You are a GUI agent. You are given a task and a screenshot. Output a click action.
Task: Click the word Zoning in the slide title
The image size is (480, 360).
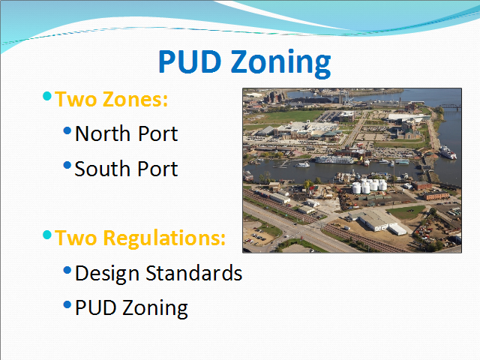coord(280,63)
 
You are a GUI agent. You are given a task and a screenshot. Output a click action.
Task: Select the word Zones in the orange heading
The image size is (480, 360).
coord(135,100)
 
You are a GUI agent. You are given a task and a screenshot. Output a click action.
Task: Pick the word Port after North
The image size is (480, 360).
coord(158,133)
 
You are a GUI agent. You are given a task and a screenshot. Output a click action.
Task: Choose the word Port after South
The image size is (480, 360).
coord(157,169)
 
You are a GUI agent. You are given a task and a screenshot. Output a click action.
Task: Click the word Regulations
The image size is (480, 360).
coord(164,238)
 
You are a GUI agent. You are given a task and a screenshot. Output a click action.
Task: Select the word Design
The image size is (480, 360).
coord(107,273)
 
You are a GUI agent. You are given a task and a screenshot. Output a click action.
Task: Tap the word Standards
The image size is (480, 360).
coord(193,273)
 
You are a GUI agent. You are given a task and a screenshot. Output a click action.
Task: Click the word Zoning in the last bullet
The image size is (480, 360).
coord(155,308)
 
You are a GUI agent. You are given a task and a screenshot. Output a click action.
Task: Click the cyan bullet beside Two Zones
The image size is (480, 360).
coord(47,96)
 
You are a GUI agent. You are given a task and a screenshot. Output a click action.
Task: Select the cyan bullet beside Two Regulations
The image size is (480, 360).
coord(47,235)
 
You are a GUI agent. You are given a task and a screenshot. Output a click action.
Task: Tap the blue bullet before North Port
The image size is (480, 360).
coord(67,130)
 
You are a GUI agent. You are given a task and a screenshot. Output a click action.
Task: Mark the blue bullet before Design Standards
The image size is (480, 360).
coord(67,270)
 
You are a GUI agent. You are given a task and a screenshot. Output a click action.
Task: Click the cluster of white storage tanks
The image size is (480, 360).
coord(369,186)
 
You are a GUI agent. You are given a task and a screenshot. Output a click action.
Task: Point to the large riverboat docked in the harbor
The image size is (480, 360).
coord(334,160)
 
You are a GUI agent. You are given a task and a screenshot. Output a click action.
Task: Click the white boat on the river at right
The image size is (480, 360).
coord(448,152)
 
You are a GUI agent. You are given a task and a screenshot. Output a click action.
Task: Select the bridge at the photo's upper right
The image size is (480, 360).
coord(450,106)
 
